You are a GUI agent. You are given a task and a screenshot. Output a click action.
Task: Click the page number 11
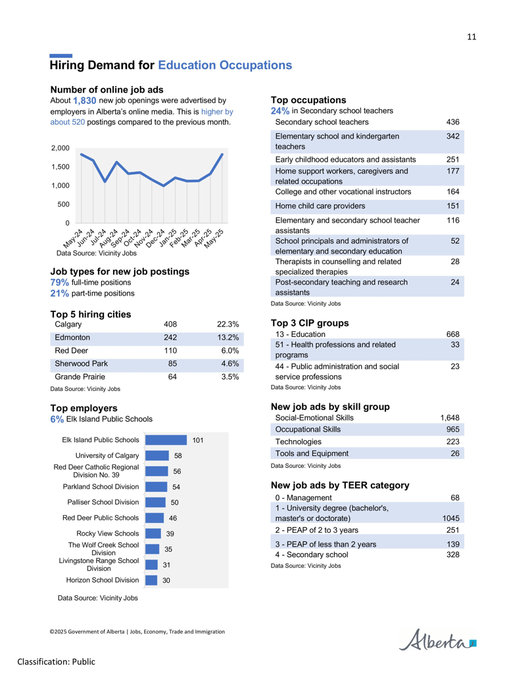point(471,37)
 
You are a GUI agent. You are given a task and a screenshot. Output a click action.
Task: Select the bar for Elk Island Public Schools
point(166,440)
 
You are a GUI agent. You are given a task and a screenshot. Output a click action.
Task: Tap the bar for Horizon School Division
point(151,580)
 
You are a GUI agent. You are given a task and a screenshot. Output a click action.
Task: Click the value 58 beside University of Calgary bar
point(178,456)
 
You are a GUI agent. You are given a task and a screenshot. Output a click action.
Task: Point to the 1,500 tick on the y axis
point(60,167)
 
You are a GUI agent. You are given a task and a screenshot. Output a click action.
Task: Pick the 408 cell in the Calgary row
point(170,325)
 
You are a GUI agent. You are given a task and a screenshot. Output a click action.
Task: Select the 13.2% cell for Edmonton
point(228,338)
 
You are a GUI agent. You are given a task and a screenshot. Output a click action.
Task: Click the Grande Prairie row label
point(80,377)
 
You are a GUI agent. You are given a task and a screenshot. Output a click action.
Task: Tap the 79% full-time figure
point(59,283)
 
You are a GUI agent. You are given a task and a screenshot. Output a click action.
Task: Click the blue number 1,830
point(84,101)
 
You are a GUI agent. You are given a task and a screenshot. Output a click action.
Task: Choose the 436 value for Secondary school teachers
point(452,122)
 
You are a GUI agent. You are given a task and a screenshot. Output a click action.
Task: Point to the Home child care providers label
point(320,206)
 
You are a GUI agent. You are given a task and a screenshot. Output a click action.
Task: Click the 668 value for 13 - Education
point(452,334)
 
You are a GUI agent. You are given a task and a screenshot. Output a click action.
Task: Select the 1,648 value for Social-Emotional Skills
point(450,418)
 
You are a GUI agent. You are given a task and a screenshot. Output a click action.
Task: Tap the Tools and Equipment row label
point(312,453)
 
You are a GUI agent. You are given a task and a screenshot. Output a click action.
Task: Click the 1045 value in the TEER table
point(451,518)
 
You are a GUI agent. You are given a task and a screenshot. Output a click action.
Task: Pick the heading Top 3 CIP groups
point(310,323)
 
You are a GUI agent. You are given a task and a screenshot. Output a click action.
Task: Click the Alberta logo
point(437,640)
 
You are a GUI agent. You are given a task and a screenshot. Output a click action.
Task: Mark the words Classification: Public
point(56,662)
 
